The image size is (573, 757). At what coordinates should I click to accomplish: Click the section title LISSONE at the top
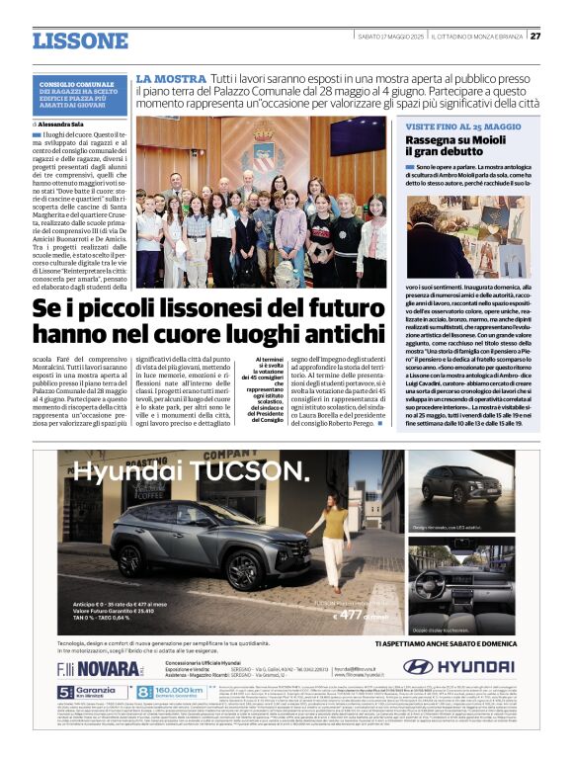tap(80, 41)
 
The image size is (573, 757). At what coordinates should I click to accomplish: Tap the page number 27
tap(534, 37)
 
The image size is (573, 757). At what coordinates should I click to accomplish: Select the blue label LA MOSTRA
tap(170, 77)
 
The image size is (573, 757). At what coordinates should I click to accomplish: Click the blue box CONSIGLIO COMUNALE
tap(81, 95)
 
